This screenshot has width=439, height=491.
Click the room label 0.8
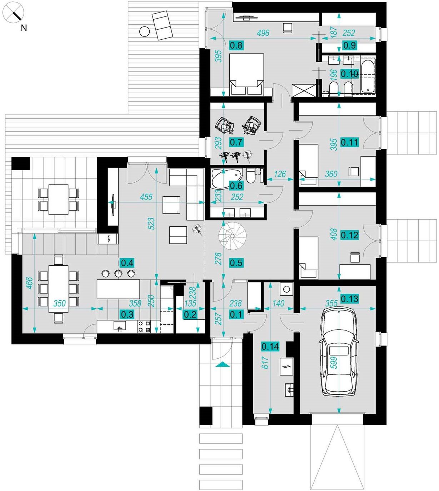click(x=236, y=45)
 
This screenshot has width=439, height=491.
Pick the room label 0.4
click(x=127, y=263)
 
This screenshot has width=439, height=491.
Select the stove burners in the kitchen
click(x=145, y=326)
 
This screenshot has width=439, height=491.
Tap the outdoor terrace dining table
click(x=58, y=199)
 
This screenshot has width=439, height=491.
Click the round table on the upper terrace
click(x=144, y=32)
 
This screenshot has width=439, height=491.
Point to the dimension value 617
click(x=265, y=362)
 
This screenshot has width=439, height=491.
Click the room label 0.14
click(x=270, y=346)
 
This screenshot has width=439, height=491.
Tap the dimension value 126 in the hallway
click(x=280, y=174)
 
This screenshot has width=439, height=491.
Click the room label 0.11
click(x=349, y=142)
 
